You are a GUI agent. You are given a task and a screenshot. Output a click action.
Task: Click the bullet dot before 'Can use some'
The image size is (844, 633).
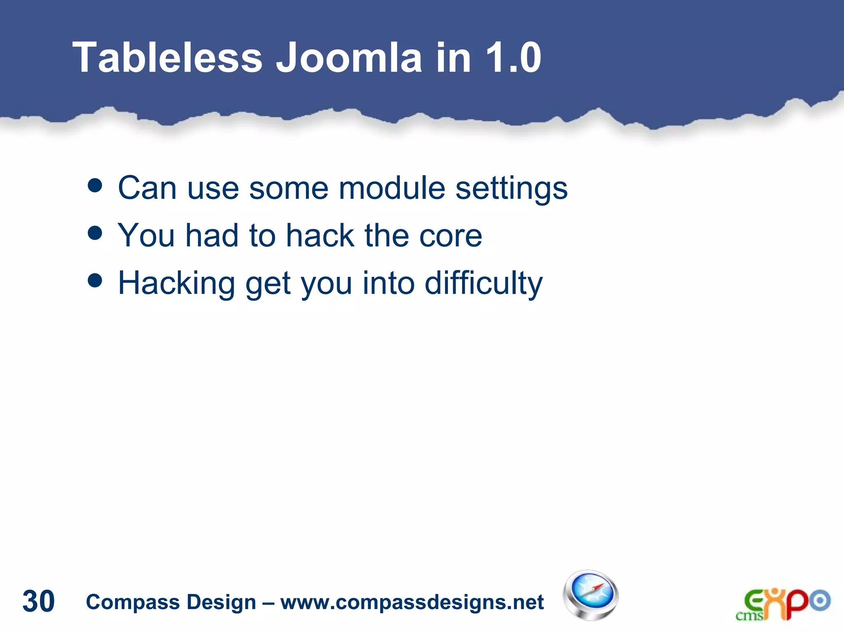95,185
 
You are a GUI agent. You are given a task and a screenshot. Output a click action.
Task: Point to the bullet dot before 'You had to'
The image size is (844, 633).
95,233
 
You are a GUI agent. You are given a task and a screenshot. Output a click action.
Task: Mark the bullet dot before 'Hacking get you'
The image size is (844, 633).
95,281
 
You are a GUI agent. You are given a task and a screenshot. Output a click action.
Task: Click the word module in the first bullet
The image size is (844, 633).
392,188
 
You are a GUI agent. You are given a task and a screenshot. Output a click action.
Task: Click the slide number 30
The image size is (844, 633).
38,601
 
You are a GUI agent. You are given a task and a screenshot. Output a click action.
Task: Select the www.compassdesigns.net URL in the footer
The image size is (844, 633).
412,602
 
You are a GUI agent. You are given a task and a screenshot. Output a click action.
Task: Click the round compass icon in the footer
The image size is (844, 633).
591,595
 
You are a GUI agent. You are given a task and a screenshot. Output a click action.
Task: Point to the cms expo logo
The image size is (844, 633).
783,604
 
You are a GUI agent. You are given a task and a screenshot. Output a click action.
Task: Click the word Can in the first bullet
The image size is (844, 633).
147,188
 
